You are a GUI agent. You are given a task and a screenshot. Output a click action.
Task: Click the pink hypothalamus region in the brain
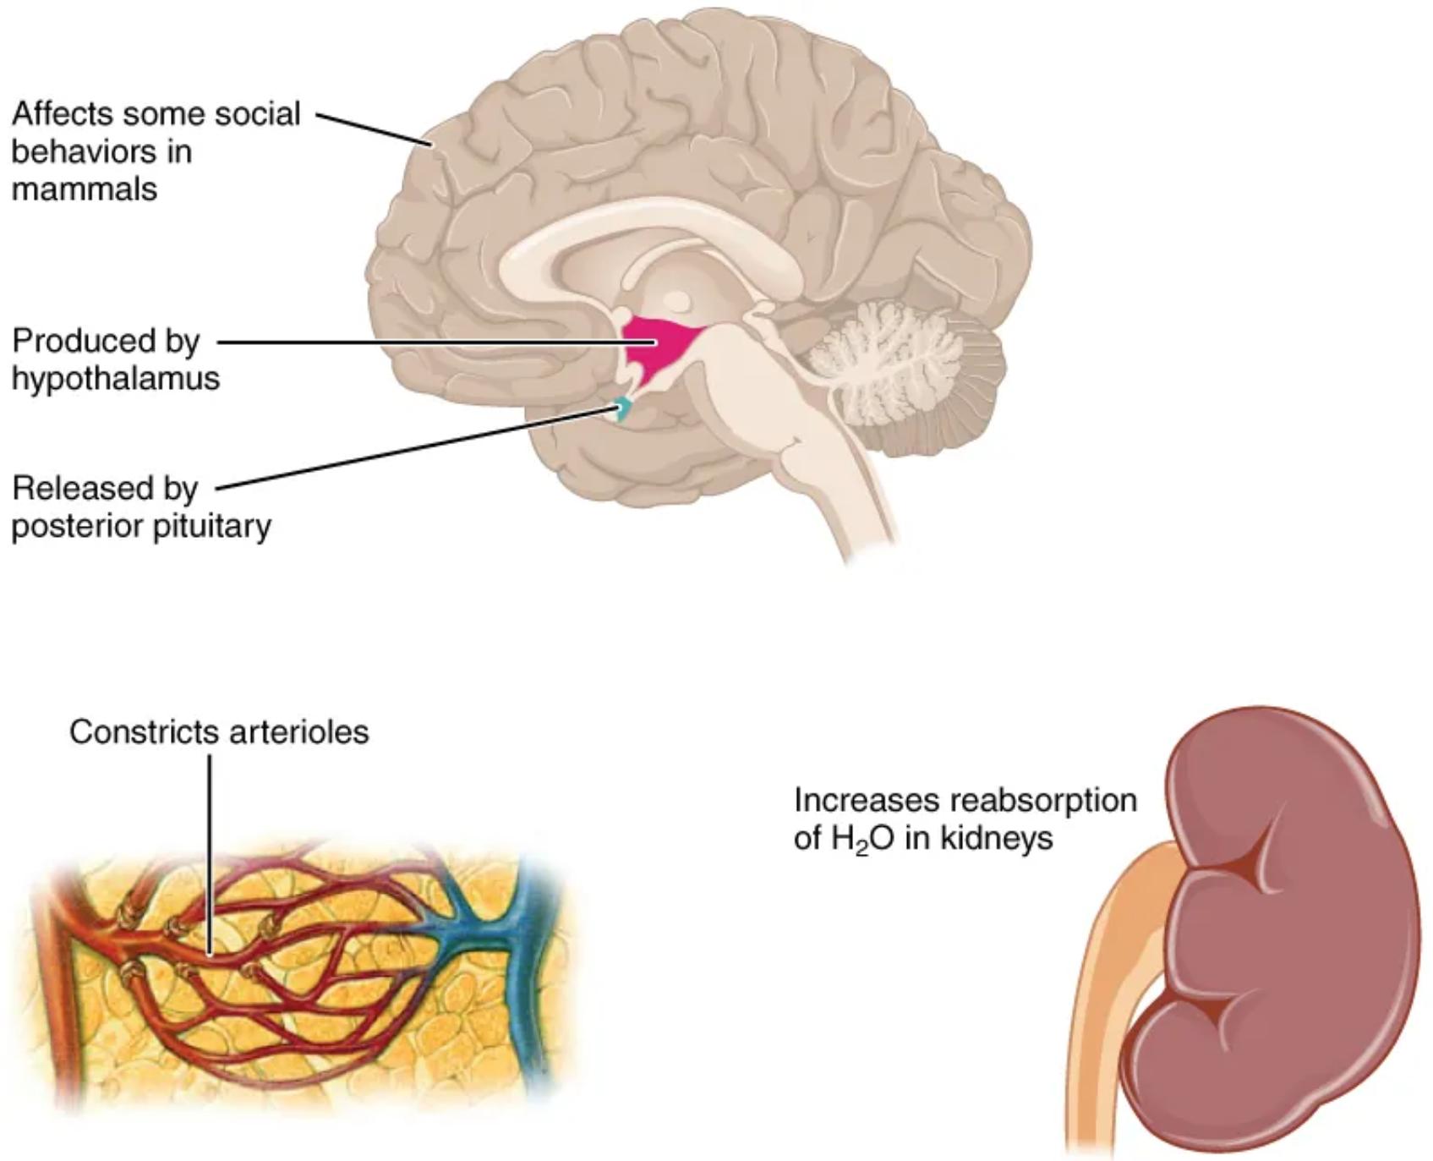(659, 343)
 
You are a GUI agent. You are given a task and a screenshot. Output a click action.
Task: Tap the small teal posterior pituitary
(622, 409)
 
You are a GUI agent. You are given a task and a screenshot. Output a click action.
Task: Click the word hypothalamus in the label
(116, 378)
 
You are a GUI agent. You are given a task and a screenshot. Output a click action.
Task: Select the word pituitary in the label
(212, 526)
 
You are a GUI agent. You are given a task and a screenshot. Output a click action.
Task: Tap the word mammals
(85, 189)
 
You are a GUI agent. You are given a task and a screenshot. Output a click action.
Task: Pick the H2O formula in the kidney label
(862, 839)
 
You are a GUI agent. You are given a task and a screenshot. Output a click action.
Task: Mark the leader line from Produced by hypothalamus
(423, 342)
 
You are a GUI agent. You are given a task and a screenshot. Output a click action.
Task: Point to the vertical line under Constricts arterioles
(210, 846)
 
